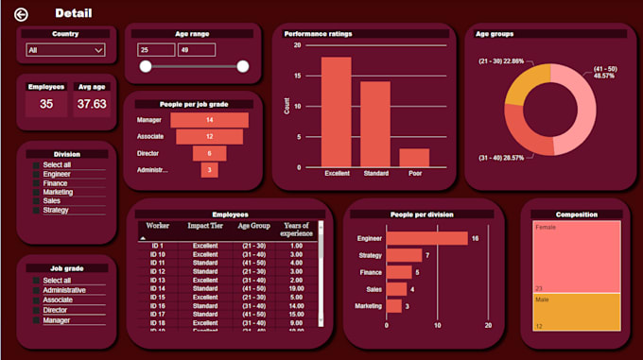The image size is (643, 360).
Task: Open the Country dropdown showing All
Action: (65, 50)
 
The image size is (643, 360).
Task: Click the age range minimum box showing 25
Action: (155, 50)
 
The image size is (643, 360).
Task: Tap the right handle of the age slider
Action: (242, 66)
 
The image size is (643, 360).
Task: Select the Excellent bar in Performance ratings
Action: (337, 111)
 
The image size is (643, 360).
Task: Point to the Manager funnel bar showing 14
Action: (210, 120)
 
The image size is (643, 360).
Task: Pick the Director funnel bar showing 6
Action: (210, 153)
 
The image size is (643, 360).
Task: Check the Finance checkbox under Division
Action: (37, 183)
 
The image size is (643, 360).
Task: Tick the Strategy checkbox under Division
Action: (37, 210)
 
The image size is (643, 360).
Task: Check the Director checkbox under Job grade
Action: (37, 310)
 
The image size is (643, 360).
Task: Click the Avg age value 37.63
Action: (92, 104)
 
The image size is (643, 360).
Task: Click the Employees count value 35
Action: (45, 104)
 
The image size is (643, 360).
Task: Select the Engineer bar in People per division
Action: (426, 239)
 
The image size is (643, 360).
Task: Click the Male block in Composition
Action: (576, 312)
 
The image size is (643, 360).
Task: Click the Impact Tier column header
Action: (204, 227)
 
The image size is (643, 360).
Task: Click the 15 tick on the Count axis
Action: (298, 76)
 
